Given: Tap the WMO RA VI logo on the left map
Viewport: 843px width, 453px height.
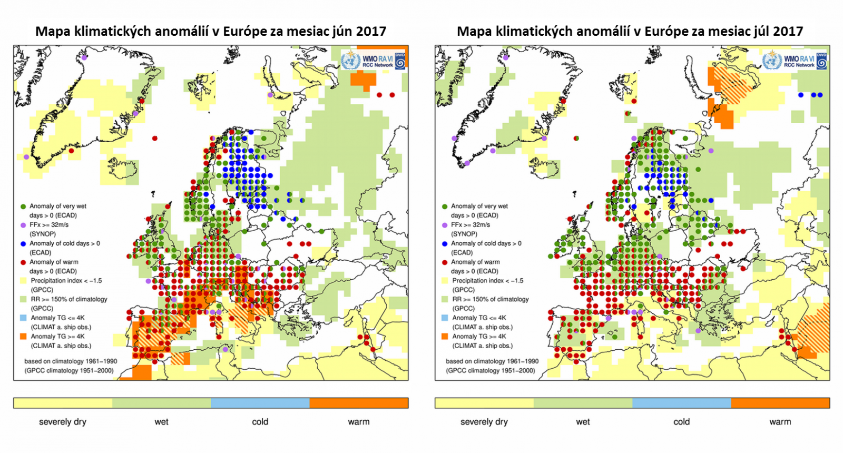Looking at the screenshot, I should pos(373,61).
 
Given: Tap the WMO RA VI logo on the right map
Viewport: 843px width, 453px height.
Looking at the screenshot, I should pos(795,61).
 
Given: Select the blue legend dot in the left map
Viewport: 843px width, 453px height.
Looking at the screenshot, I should pos(23,244).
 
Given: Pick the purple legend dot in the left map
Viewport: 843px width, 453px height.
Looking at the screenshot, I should pos(23,225).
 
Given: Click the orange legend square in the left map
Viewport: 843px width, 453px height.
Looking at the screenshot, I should pos(23,337).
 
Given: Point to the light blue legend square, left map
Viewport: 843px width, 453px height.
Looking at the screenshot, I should pos(23,318).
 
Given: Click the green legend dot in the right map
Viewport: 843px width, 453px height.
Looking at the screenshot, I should pos(445,206).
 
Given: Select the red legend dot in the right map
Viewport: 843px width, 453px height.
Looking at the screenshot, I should pos(445,262).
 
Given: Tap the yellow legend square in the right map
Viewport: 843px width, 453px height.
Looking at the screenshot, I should pos(445,281).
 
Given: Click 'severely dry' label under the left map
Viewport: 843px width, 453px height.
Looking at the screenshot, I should pos(62,422).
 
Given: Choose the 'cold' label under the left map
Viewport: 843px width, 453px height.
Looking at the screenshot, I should pos(260,422).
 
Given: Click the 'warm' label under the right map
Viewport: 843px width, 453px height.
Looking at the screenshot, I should pos(780,422).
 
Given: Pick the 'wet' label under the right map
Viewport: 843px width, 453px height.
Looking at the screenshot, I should pos(583,422).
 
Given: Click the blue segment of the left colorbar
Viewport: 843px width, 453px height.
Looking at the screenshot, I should pos(260,403).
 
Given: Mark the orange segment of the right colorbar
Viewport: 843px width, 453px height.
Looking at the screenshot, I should pos(780,403).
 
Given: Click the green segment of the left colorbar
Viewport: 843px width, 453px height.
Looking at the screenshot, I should pos(161,403).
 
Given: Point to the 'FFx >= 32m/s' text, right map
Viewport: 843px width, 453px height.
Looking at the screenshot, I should pos(470,225).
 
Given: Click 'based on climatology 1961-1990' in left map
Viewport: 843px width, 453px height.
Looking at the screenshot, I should pos(71,361).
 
